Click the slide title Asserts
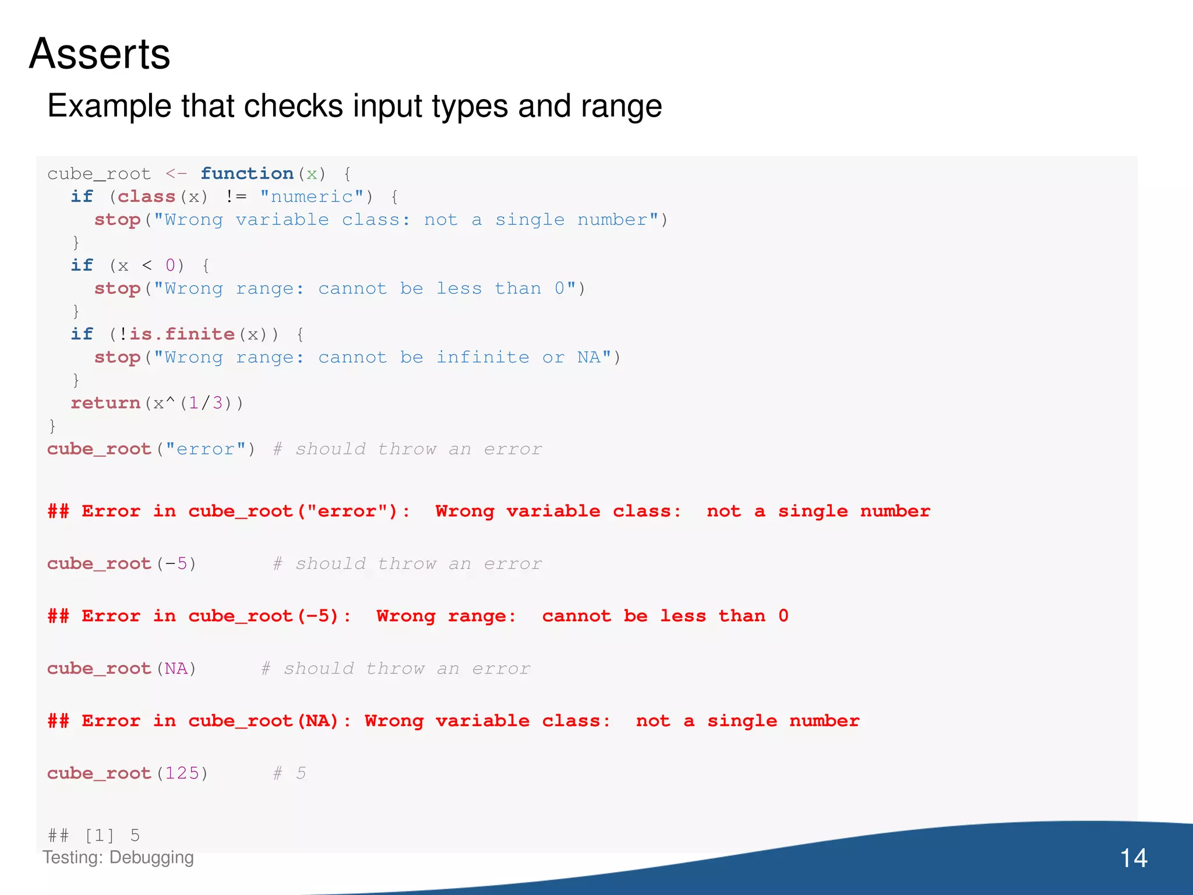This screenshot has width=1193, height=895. pyautogui.click(x=100, y=54)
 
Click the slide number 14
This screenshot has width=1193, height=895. pyautogui.click(x=1133, y=858)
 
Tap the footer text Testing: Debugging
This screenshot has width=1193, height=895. pyautogui.click(x=118, y=857)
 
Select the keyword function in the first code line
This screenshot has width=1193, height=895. pyautogui.click(x=247, y=174)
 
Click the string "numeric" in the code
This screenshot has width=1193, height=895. pyautogui.click(x=312, y=197)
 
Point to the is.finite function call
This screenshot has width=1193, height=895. pyautogui.click(x=182, y=334)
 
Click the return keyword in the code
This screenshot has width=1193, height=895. pyautogui.click(x=105, y=403)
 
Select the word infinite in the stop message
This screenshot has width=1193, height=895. pyautogui.click(x=483, y=357)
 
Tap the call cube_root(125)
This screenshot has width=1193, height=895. pyautogui.click(x=128, y=773)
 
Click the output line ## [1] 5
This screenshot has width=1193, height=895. pyautogui.click(x=94, y=836)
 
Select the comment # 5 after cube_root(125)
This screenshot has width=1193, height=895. pyautogui.click(x=290, y=773)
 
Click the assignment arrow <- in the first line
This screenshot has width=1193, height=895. pyautogui.click(x=176, y=174)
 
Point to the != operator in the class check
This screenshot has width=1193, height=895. pyautogui.click(x=236, y=197)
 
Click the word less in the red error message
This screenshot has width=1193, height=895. pyautogui.click(x=683, y=616)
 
